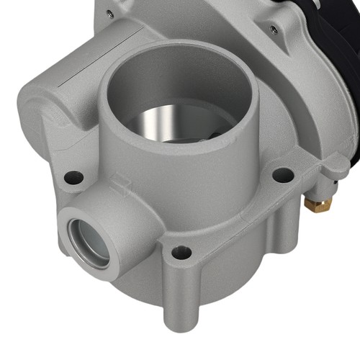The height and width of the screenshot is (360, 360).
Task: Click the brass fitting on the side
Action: [x=318, y=204]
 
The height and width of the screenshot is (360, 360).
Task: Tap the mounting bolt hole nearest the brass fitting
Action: [x=284, y=175]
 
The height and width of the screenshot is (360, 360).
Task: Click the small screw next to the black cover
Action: [x=272, y=30]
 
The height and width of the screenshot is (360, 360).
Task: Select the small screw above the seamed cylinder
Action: [x=108, y=13]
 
